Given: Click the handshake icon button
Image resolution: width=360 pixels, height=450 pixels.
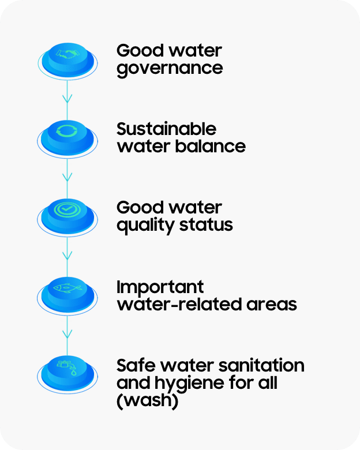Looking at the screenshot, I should tap(67, 56).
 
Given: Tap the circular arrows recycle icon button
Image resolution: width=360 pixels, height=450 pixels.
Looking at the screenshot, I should tap(67, 134).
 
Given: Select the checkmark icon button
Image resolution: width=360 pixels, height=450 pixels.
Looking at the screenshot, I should tap(67, 212).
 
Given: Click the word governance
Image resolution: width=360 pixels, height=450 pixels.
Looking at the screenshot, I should tap(170, 68).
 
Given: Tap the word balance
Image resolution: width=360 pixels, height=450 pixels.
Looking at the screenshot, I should tap(213, 146).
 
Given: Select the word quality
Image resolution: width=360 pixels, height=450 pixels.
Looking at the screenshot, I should tap(141, 225).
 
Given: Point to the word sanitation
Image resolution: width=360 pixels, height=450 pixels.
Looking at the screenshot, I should tap(261, 365).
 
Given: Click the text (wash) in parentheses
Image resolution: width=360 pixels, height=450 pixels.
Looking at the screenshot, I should tap(147, 400).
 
